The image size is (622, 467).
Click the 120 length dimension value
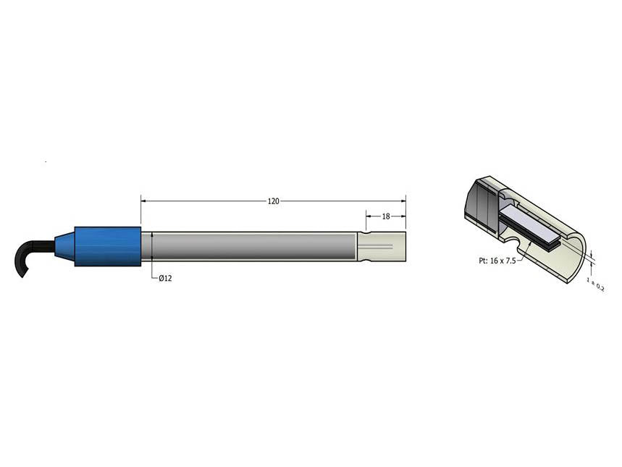pos(273,201)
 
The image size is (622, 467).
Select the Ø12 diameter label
pos(165,279)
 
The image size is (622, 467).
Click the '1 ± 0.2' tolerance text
pos(597,282)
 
